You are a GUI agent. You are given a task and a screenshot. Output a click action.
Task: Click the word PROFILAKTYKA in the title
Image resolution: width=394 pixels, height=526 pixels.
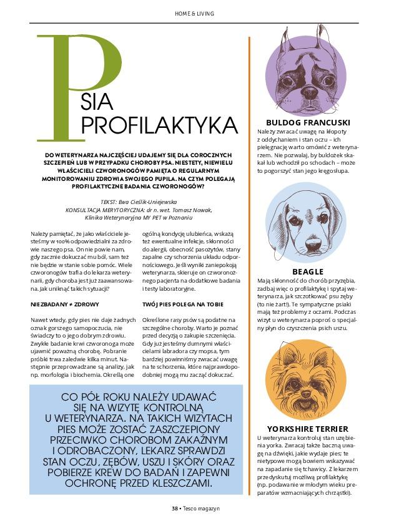(x=160, y=125)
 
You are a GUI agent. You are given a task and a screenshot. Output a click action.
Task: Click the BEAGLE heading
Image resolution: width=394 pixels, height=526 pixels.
(x=308, y=271)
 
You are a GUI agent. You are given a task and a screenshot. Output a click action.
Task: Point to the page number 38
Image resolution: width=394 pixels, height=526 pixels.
(x=175, y=508)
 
